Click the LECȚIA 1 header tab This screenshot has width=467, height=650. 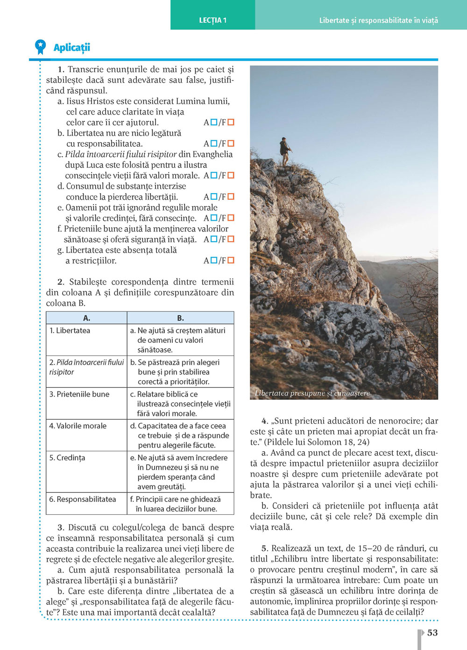coord(213,20)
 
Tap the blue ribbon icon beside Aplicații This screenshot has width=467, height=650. coord(41,47)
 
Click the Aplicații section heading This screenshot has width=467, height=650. coord(71,47)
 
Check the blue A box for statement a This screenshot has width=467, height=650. coord(214,122)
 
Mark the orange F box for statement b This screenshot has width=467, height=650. coord(231,144)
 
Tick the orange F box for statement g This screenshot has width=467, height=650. coord(231,260)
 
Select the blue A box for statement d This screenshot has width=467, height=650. coord(214,197)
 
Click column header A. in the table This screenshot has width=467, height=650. coord(86,318)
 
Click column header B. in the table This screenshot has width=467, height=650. coord(180,318)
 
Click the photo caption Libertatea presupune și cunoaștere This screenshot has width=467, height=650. coord(312,393)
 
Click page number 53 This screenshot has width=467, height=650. coord(432,633)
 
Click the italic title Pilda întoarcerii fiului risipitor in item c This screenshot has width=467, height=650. coord(121,154)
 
